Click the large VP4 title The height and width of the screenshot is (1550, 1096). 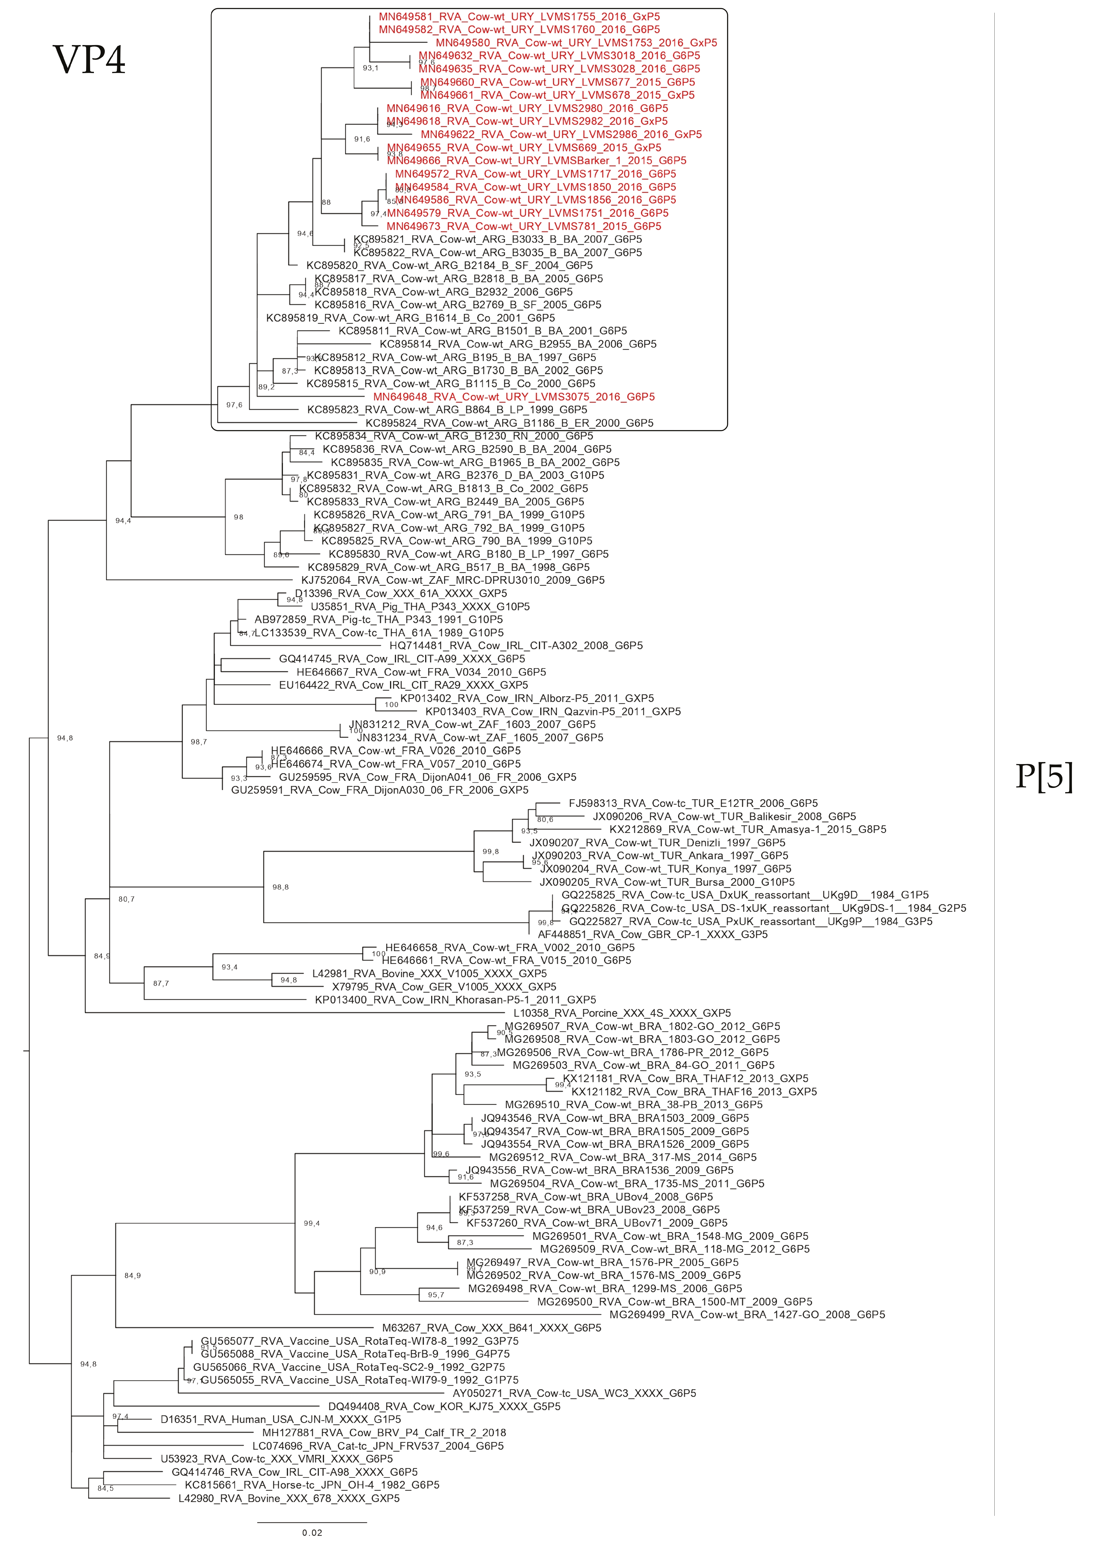pyautogui.click(x=89, y=60)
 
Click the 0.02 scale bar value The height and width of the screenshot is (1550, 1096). pyautogui.click(x=312, y=1533)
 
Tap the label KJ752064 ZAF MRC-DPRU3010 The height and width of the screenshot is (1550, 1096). pyautogui.click(x=452, y=580)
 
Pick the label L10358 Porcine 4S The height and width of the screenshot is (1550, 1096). pyautogui.click(x=622, y=1013)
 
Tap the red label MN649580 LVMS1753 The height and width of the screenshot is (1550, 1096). pyautogui.click(x=576, y=43)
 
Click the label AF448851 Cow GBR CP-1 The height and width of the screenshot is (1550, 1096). pyautogui.click(x=652, y=934)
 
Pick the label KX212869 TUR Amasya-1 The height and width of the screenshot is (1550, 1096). pyautogui.click(x=748, y=829)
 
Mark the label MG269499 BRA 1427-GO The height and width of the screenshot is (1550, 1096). pyautogui.click(x=747, y=1314)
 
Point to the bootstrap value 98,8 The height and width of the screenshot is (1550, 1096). pyautogui.click(x=280, y=887)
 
